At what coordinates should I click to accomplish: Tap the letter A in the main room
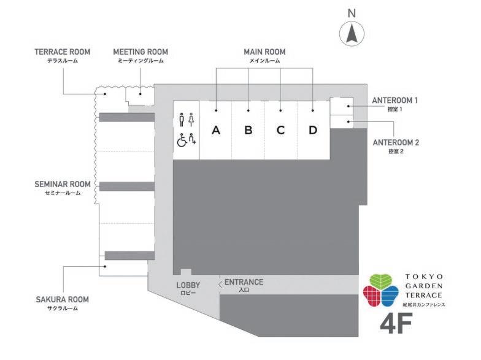(x=215, y=130)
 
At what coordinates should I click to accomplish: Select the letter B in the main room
(x=248, y=130)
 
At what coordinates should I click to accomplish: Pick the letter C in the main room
(x=280, y=130)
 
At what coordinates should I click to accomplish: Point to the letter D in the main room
(x=313, y=130)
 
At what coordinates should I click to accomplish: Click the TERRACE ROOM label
(x=62, y=52)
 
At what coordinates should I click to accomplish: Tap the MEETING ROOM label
(x=140, y=52)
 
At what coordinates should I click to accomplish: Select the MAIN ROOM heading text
(x=264, y=52)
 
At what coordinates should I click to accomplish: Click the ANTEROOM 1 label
(x=395, y=100)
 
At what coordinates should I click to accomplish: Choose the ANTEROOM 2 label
(x=396, y=142)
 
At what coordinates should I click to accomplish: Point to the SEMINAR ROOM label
(x=62, y=184)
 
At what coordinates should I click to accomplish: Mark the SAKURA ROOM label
(x=62, y=299)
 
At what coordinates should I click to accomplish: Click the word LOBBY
(x=188, y=285)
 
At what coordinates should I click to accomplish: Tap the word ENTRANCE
(x=244, y=282)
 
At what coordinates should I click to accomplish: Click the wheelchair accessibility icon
(x=182, y=140)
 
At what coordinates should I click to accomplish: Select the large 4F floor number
(x=396, y=324)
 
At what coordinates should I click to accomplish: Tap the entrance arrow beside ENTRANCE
(x=220, y=283)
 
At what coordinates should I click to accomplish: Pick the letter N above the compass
(x=352, y=12)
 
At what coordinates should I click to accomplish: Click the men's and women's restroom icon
(x=186, y=119)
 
